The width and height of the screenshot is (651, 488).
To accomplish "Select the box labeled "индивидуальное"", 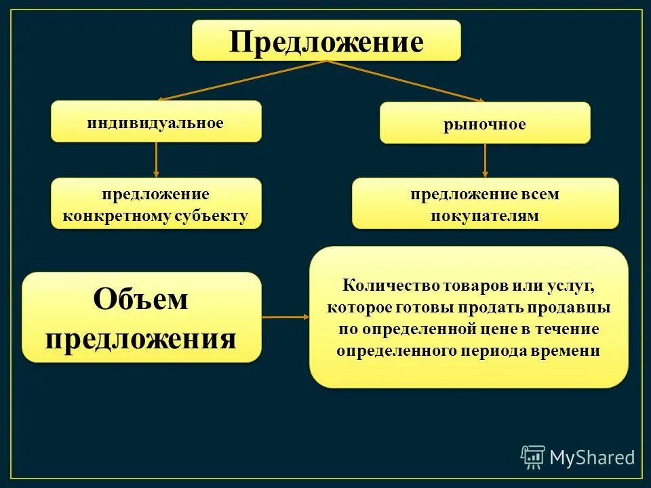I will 155,122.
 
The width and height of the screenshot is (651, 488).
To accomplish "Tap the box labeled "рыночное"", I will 484,123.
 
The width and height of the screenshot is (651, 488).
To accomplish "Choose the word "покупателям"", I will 485,216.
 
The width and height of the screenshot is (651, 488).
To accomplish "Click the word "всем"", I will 540,194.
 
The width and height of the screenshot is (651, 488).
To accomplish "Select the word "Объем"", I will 140,299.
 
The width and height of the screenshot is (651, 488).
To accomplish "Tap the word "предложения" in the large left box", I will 140,338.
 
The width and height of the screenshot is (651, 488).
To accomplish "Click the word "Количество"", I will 385,285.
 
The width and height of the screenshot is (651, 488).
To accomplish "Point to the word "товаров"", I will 462,285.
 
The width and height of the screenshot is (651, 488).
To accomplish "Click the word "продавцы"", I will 577,307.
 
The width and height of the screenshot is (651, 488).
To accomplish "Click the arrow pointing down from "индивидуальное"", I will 157,160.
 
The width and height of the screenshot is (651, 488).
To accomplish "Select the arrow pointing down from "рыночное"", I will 485,161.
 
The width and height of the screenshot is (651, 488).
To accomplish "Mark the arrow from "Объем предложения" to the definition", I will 285,317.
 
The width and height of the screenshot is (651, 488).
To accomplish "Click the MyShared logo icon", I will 533,457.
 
